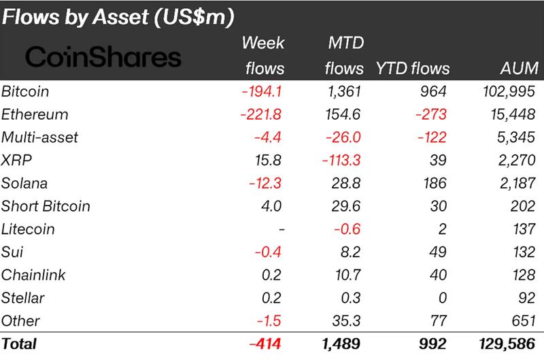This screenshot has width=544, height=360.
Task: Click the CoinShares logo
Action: pos(103,57)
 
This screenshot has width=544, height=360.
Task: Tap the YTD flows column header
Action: pos(413,68)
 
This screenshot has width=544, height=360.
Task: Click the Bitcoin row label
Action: pos(26,91)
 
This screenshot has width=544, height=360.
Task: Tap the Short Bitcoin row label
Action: pos(46,206)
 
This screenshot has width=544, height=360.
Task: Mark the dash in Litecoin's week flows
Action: pos(280,229)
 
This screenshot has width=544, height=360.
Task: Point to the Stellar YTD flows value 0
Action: pos(443,298)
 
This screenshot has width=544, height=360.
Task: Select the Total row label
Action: pos(20,344)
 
